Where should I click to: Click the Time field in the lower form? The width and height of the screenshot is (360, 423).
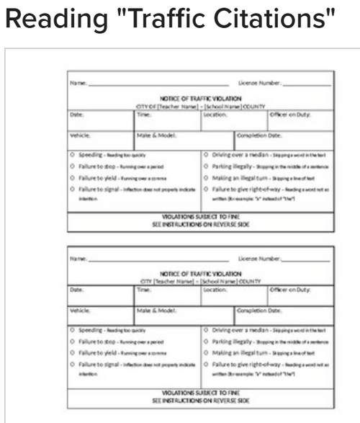(x=166, y=296)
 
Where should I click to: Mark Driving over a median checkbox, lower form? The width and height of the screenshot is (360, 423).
(x=207, y=330)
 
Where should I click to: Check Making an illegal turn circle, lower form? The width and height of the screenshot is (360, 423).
(x=207, y=353)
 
